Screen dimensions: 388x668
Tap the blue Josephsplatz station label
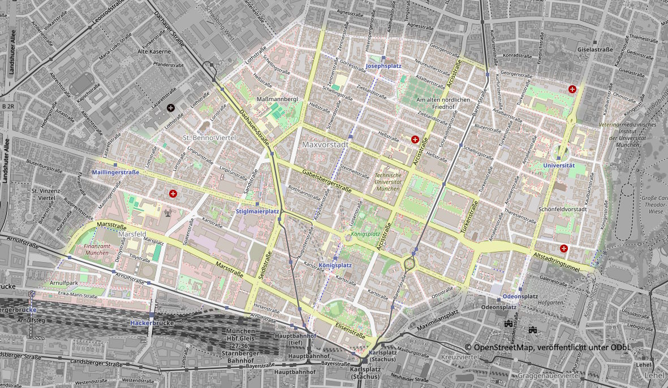(383, 66)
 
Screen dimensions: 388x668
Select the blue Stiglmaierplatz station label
(257, 211)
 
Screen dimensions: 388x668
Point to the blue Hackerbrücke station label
(150, 323)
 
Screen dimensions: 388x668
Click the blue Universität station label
(558, 165)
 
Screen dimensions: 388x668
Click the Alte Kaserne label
(154, 51)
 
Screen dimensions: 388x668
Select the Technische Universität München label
(387, 182)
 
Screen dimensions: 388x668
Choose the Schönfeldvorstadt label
(563, 209)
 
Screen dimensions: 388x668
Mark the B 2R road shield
(8, 106)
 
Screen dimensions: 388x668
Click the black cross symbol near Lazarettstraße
(171, 107)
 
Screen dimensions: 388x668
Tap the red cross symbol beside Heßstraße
(415, 139)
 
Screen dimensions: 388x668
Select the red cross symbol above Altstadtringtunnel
(563, 249)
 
